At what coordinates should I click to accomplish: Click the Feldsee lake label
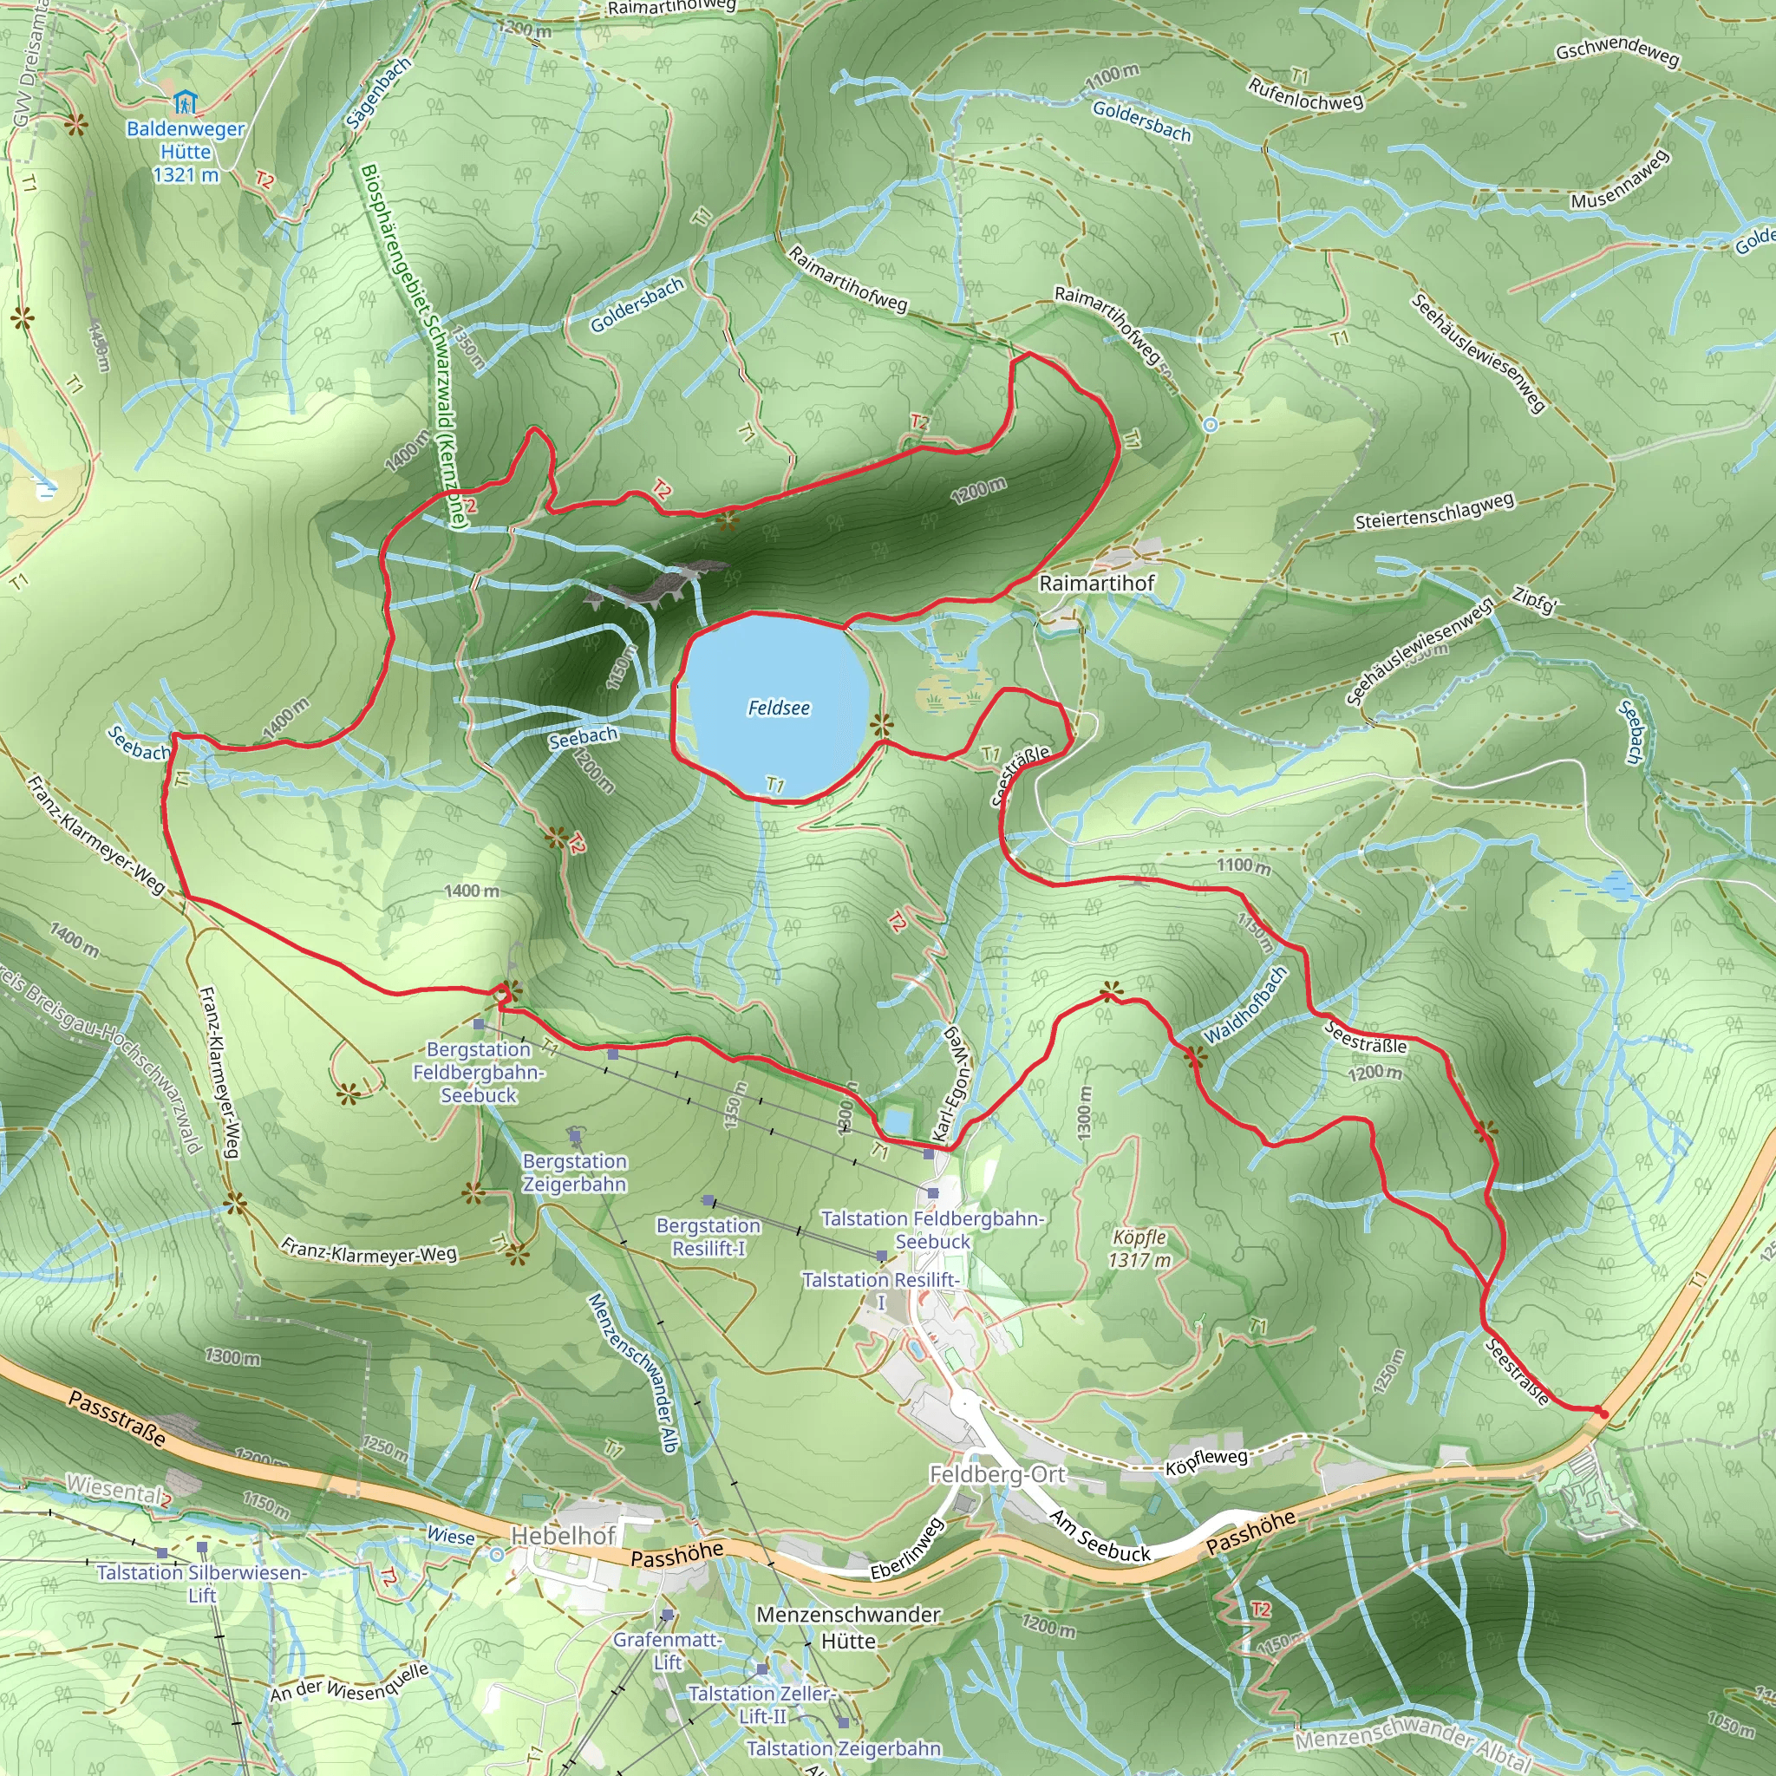779,708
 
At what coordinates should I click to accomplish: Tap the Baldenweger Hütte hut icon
185,101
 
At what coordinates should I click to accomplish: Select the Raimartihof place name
1096,583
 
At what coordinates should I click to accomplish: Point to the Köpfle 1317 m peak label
1139,1249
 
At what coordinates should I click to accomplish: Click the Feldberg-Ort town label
997,1474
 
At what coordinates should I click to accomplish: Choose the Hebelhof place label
563,1535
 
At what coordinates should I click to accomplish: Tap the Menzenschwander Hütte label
847,1627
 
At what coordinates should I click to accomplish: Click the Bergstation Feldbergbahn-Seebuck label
479,1072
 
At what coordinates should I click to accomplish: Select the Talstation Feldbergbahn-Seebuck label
932,1230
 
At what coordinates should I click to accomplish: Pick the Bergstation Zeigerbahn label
575,1173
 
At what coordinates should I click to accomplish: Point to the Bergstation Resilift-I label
708,1237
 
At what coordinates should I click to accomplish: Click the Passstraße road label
118,1419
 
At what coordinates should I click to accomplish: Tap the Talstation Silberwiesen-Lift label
201,1583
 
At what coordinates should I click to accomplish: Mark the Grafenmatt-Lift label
668,1650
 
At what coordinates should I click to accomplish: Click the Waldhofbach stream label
1245,1005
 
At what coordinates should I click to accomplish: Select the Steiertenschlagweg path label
1434,512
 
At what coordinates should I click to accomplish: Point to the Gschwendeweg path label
1618,55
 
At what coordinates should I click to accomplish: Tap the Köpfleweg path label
1207,1461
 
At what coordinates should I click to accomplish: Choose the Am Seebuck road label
1100,1536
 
